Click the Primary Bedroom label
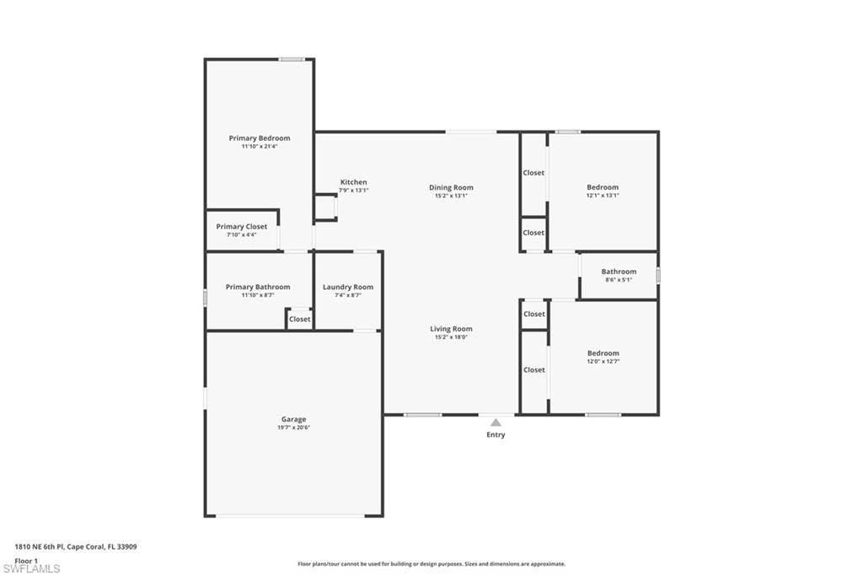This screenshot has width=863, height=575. pos(260,138)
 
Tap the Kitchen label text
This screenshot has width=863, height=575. pos(353,182)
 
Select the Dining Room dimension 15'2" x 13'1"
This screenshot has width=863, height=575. pos(451,196)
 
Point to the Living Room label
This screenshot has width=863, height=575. pos(451,329)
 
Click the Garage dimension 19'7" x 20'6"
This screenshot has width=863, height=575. pos(293,427)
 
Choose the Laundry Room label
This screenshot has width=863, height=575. pos(347,287)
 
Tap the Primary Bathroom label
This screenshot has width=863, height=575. pos(258,287)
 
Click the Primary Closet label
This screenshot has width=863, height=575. pos(241,226)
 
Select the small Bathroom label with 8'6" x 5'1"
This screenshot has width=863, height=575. pos(619,271)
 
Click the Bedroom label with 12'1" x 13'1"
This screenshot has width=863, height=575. pos(603,187)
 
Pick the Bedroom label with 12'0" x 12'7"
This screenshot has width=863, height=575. pos(603,353)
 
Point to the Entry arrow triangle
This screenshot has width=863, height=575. pos(496,422)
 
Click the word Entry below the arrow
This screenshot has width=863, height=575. pos(496,435)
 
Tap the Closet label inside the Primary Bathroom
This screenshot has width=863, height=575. pos(299,319)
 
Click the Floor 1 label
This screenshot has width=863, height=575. pos(26,560)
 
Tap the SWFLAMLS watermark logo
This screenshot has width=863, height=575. pos(31,568)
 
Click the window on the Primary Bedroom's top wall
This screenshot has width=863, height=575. pos(292,59)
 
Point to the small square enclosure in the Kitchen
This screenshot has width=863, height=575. pos(325,207)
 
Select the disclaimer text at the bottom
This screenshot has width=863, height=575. pos(431,564)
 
